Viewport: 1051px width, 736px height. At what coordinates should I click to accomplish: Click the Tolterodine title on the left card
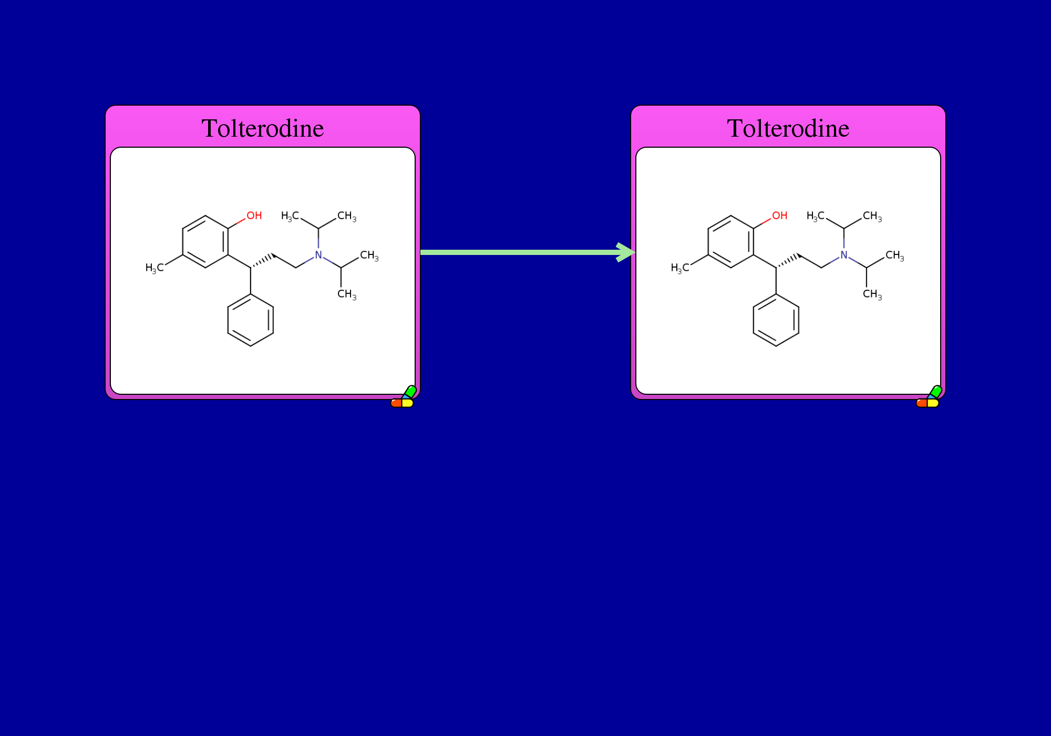tap(263, 128)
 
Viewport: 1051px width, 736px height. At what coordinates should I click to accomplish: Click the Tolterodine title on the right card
tap(788, 128)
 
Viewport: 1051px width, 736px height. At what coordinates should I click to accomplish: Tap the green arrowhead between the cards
tap(626, 252)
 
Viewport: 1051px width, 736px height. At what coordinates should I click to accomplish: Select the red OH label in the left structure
tap(254, 216)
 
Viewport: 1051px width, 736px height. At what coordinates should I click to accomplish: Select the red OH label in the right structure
tap(780, 216)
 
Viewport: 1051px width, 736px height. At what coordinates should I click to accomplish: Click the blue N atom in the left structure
tap(318, 255)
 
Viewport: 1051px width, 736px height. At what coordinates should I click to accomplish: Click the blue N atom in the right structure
tap(844, 255)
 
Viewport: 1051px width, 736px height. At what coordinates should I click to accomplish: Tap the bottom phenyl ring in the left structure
tap(228, 320)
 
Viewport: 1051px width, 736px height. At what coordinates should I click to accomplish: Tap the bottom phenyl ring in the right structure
tap(753, 320)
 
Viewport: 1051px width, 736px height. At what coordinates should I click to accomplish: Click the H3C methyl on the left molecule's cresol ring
tap(154, 268)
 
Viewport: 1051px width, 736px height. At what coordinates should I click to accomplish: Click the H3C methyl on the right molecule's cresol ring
tap(680, 268)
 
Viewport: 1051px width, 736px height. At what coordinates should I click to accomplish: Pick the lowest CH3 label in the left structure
tap(347, 294)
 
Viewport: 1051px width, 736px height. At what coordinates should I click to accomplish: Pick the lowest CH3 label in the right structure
tap(872, 294)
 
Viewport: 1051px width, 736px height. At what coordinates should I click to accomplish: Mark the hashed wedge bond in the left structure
tap(263, 261)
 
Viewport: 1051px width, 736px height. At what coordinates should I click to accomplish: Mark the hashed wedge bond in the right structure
tap(788, 261)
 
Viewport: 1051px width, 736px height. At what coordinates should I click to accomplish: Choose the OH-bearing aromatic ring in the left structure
tap(182, 242)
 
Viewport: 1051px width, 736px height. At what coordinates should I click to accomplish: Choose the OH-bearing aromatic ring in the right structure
tap(708, 242)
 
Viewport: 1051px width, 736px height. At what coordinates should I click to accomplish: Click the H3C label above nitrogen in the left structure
tap(290, 216)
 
